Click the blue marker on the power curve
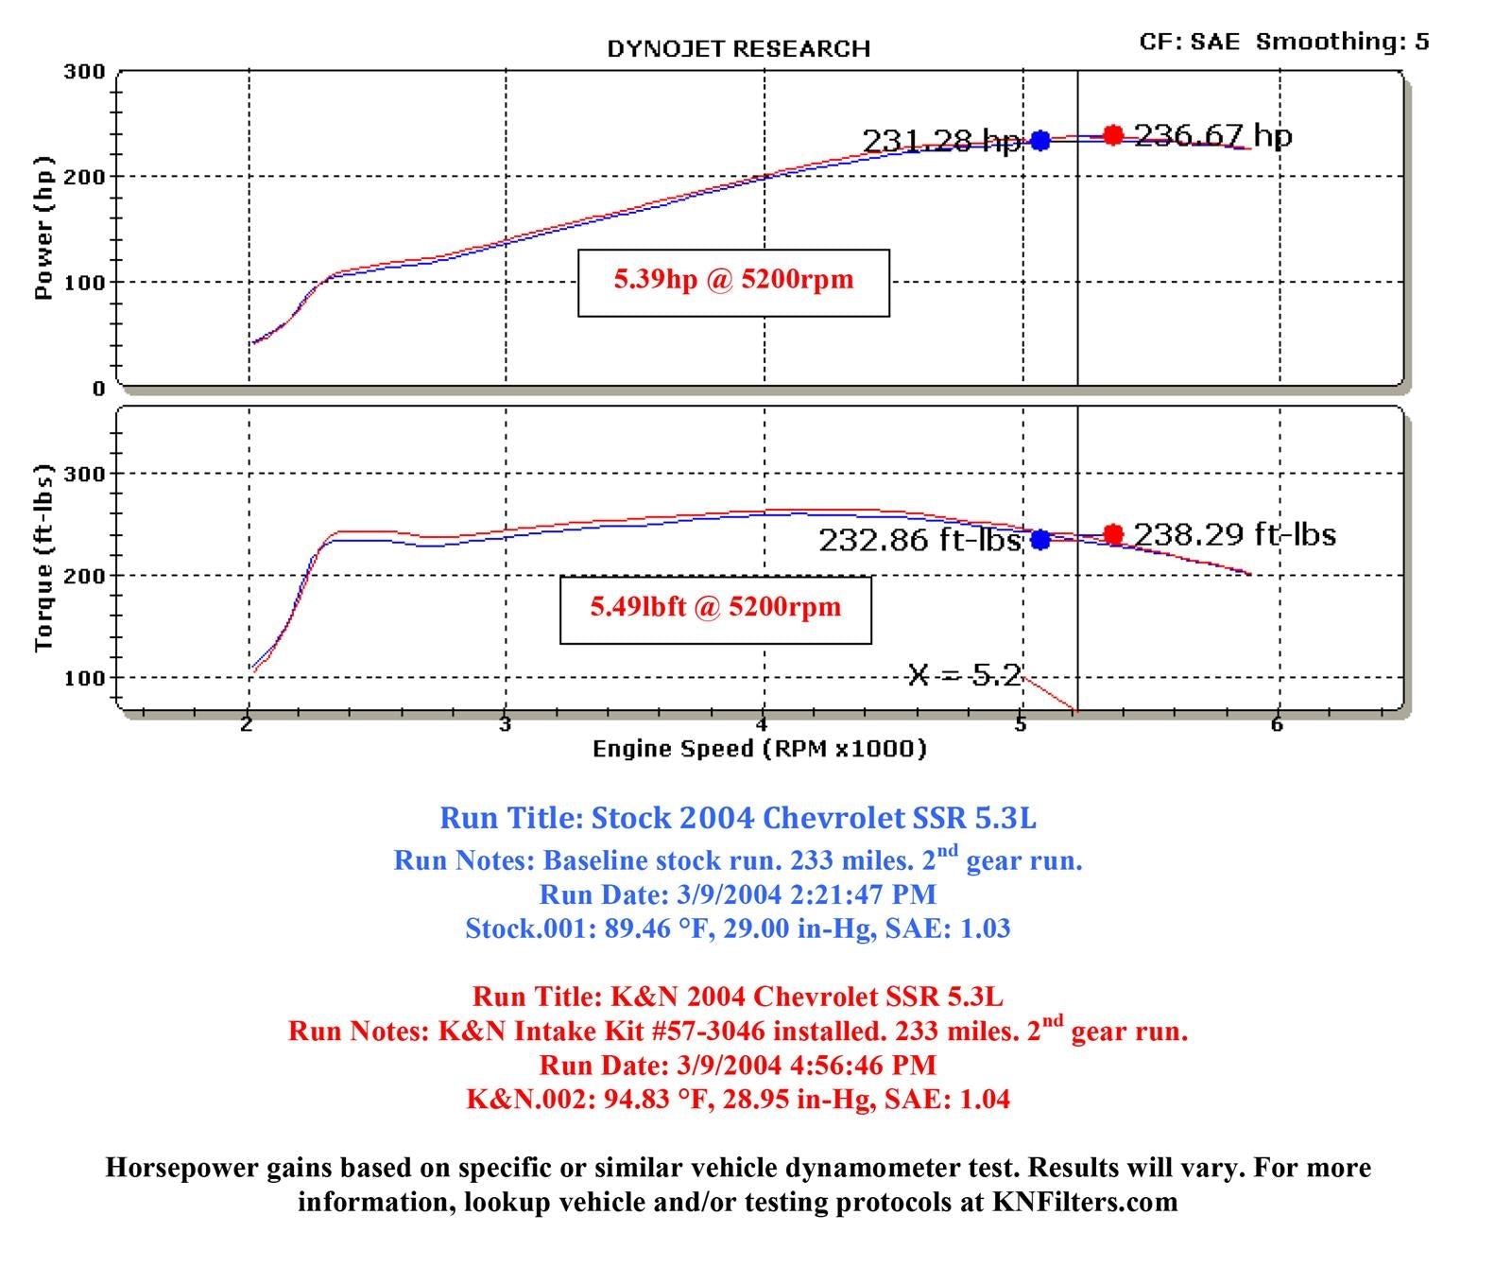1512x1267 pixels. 1039,140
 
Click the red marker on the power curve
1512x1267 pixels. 1112,135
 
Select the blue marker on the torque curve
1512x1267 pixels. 1039,539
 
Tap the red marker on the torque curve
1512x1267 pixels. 1112,534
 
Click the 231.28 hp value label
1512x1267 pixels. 941,141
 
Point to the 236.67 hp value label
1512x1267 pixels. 1213,135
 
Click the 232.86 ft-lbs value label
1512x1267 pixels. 919,540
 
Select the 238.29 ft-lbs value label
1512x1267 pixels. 1234,534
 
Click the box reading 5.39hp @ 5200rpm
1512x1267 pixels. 733,282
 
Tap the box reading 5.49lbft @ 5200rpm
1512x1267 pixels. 715,608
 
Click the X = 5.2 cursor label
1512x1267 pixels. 964,674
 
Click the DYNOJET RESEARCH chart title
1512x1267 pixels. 738,48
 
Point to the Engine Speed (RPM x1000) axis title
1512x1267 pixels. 759,749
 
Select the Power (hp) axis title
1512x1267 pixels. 43,228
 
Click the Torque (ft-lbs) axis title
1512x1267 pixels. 43,558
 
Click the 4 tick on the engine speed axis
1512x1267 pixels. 761,725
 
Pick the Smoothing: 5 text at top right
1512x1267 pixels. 1342,42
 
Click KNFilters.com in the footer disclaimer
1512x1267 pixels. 1085,1202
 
